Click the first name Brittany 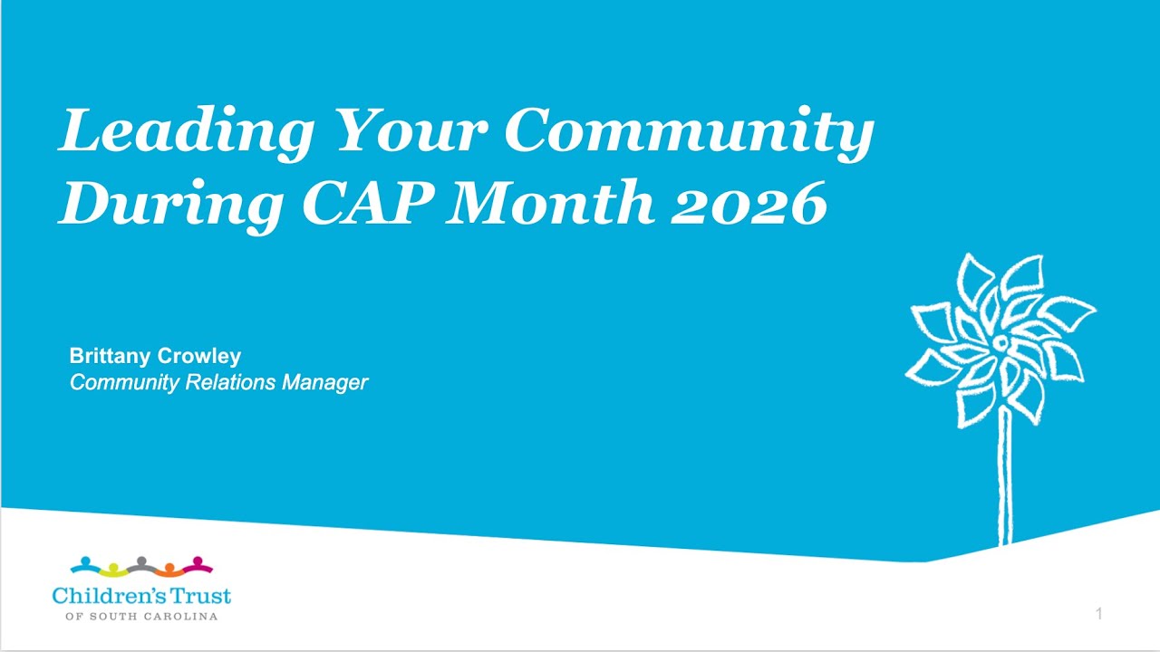[x=110, y=356]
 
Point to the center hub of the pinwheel [x=1000, y=343]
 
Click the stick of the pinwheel [x=1004, y=480]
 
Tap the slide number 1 [x=1098, y=614]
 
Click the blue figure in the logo [x=85, y=565]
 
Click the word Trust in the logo [x=201, y=596]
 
